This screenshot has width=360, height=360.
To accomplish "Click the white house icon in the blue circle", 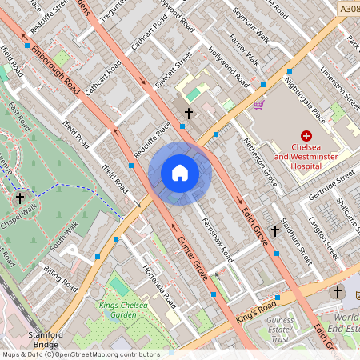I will (180, 173).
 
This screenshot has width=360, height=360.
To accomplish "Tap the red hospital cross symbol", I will (305, 138).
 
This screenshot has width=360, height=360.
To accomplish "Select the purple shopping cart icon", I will (258, 104).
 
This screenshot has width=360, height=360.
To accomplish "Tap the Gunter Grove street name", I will (193, 258).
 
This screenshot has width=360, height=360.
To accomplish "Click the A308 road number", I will (346, 9).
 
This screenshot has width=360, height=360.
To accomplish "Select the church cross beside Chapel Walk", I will (20, 198).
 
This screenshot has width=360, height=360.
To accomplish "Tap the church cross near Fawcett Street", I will (189, 114).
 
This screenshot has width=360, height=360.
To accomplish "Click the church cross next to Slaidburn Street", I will (275, 231).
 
